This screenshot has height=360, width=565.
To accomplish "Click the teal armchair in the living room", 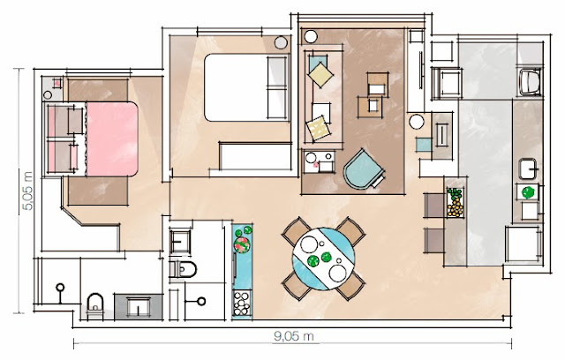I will point(363,169).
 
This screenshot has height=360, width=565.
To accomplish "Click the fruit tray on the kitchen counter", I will point(455,204).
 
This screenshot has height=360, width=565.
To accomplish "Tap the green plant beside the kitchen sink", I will point(528,191).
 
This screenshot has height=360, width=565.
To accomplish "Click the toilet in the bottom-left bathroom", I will point(95,305).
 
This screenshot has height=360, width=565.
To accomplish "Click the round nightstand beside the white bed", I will point(282,41).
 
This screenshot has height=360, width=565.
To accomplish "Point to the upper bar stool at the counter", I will point(433,205).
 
